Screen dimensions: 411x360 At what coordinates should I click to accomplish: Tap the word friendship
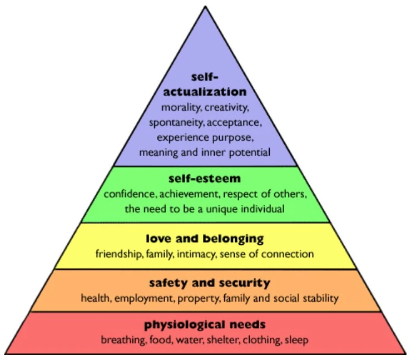(118, 254)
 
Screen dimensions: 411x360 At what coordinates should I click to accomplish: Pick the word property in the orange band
(200, 298)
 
